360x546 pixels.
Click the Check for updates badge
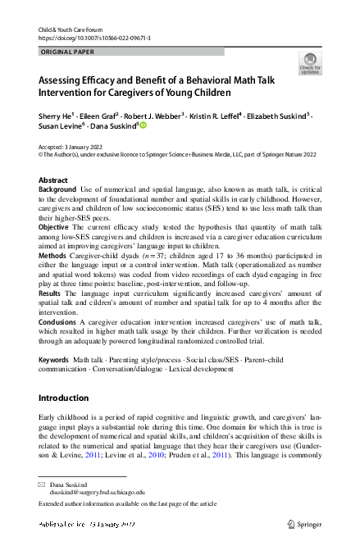(310, 63)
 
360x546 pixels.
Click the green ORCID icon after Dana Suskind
(142, 125)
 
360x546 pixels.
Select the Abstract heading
(53, 180)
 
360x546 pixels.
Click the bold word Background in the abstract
(57, 189)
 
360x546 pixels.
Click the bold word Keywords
(53, 360)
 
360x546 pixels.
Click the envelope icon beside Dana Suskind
(43, 485)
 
